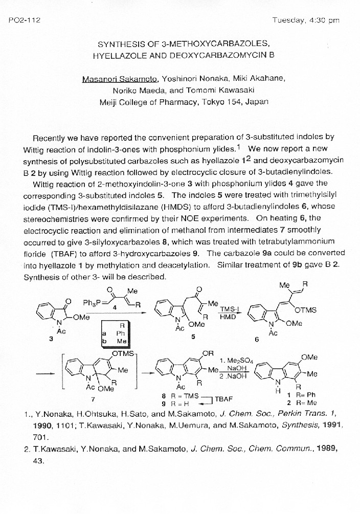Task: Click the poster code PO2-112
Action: point(25,20)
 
